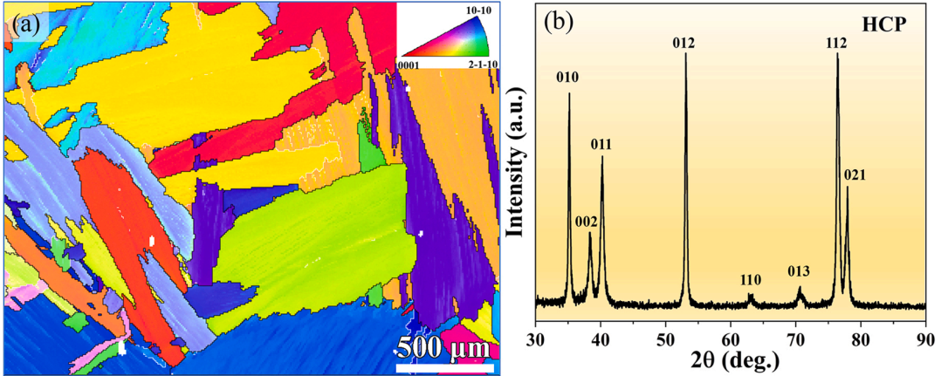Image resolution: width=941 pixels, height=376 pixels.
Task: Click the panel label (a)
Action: coord(24,25)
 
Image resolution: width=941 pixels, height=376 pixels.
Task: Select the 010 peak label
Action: coord(568,78)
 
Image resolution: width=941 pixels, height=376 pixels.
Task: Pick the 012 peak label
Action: coord(685,43)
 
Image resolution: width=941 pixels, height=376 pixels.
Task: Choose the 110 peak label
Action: coord(750,280)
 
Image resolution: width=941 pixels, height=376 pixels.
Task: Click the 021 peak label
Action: coord(855,175)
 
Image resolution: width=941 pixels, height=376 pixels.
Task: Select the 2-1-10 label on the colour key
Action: coord(476,65)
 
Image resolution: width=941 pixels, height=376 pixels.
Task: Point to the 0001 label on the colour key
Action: coord(411,65)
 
